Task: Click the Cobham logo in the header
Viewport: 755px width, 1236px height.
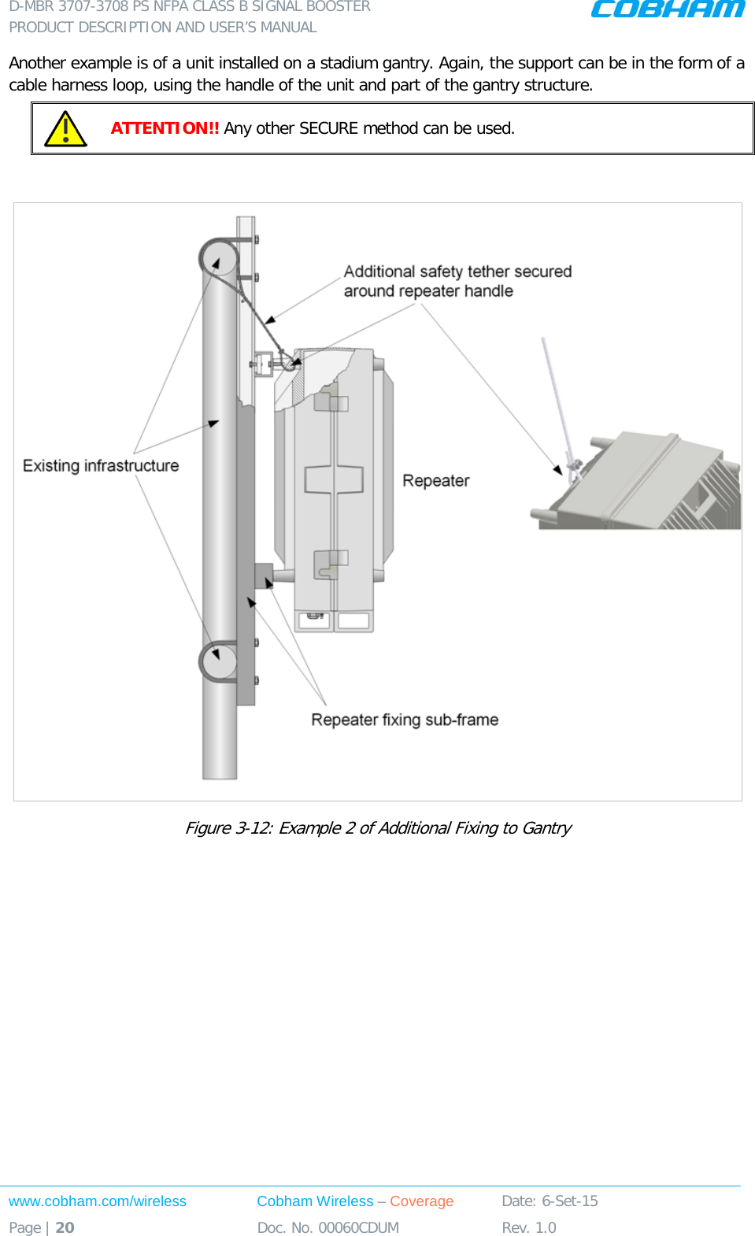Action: tap(668, 9)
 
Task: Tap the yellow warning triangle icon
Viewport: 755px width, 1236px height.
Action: tap(65, 129)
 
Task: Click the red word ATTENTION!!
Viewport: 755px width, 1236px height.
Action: tap(165, 128)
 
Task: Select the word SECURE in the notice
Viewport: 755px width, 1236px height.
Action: tap(328, 128)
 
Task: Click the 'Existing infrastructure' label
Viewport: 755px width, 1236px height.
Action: tap(101, 466)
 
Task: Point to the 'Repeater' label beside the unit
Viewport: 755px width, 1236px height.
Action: tap(435, 481)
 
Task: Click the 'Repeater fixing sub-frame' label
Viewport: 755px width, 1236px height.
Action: tap(405, 720)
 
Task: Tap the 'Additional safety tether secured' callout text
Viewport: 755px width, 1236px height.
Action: tap(457, 272)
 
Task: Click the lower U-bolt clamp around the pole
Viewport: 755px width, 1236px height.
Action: tap(217, 661)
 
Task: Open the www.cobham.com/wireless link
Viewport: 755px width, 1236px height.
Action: tap(98, 1201)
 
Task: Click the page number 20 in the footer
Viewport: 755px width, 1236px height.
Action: tap(65, 1227)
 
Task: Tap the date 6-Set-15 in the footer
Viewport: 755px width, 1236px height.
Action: tap(569, 1201)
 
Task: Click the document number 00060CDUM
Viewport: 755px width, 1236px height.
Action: tap(358, 1227)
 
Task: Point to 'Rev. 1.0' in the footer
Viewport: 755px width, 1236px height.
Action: tap(529, 1227)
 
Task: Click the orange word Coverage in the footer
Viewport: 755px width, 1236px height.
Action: tap(421, 1201)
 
